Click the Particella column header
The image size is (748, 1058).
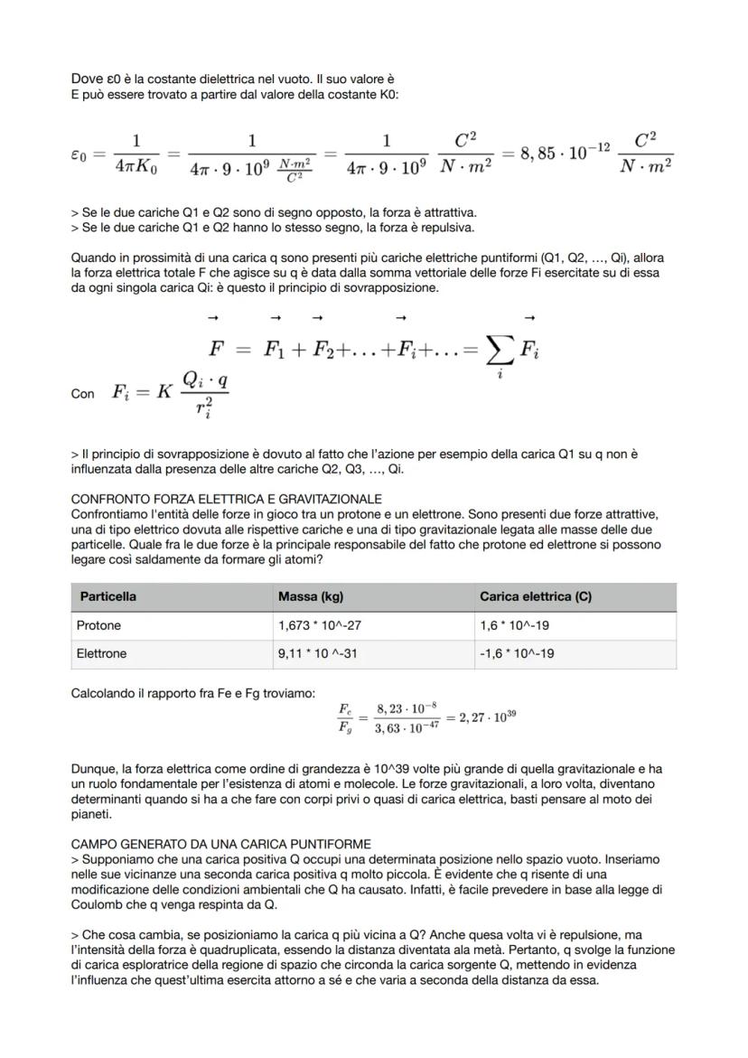pyautogui.click(x=108, y=597)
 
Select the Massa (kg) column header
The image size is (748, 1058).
pyautogui.click(x=311, y=597)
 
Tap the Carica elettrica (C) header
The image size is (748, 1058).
pyautogui.click(x=536, y=597)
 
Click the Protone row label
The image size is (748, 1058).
pyautogui.click(x=98, y=625)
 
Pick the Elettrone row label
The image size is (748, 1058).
pyautogui.click(x=101, y=653)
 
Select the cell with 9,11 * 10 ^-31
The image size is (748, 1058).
pyautogui.click(x=318, y=653)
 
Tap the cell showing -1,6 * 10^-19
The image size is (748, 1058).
pyautogui.click(x=517, y=653)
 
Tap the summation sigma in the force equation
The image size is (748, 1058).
pyautogui.click(x=497, y=350)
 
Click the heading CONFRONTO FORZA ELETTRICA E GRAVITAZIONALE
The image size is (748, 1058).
pyautogui.click(x=226, y=499)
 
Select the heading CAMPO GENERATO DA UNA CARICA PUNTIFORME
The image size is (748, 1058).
pyautogui.click(x=220, y=844)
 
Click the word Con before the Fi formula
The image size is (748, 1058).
pyautogui.click(x=82, y=395)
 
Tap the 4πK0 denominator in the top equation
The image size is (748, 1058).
pyautogui.click(x=137, y=168)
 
